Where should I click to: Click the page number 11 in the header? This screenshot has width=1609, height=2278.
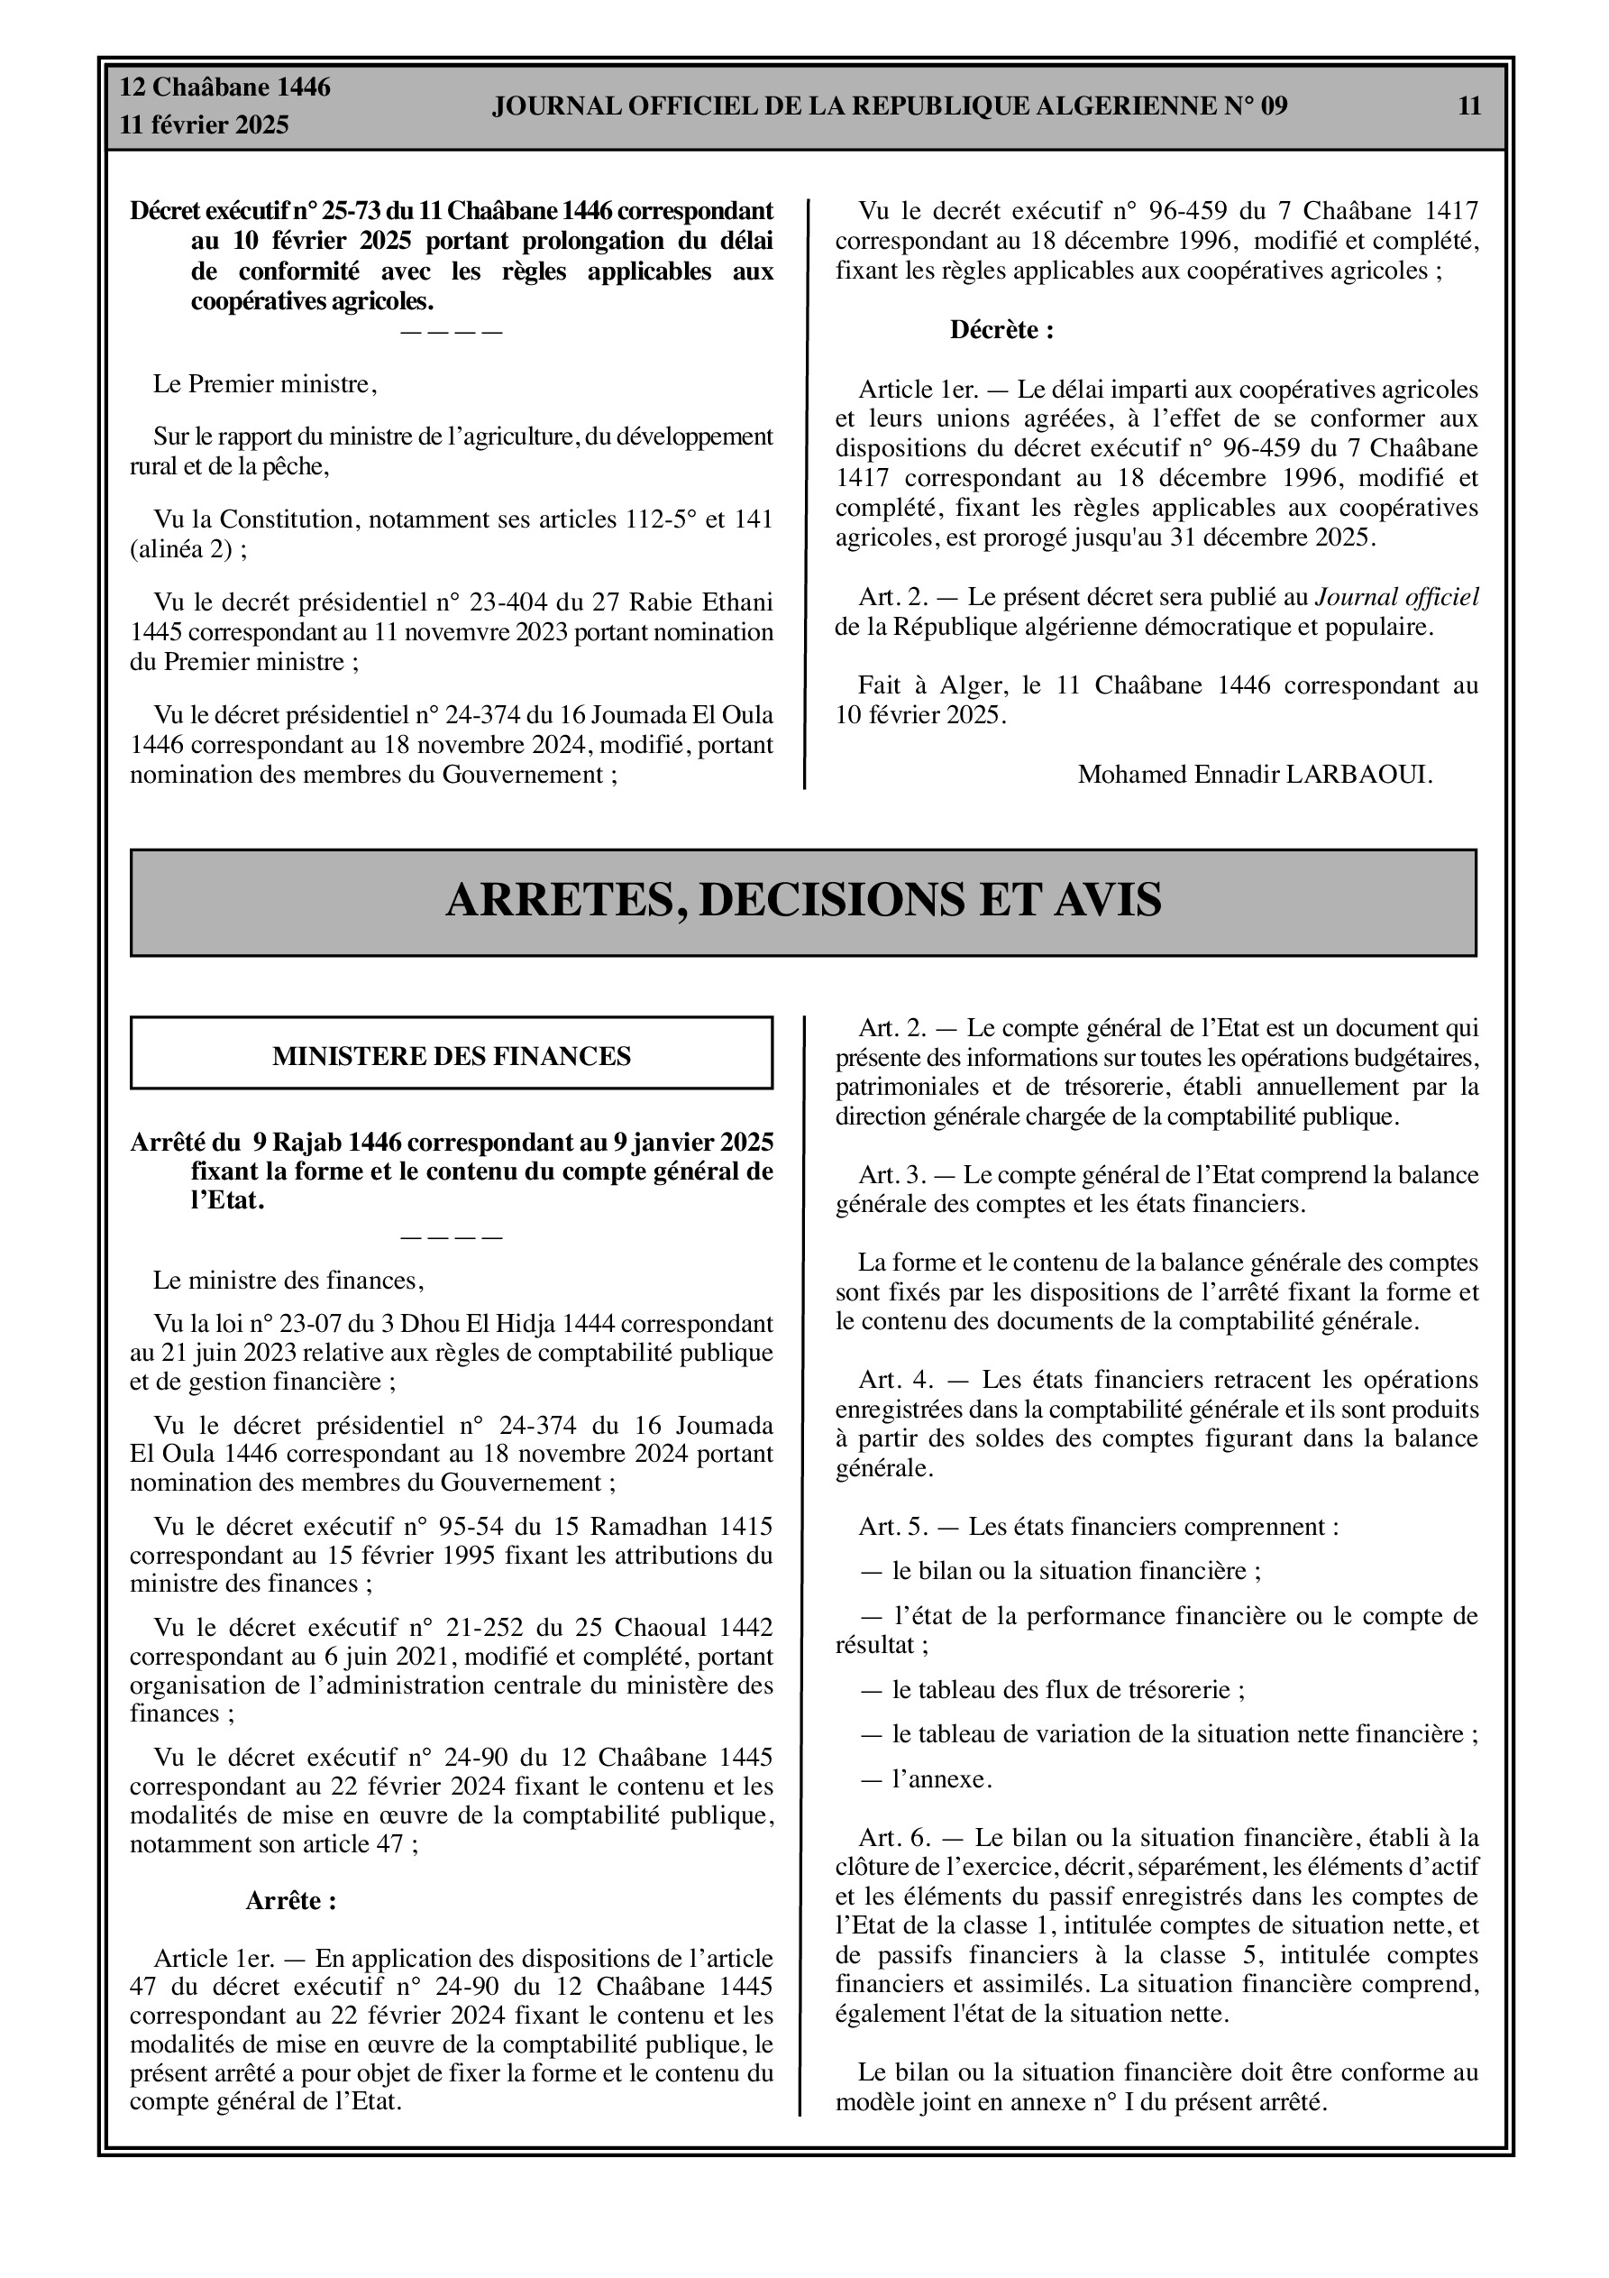point(1469,106)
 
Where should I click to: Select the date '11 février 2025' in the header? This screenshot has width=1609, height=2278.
point(205,125)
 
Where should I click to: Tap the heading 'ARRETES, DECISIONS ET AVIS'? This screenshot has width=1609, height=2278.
point(802,900)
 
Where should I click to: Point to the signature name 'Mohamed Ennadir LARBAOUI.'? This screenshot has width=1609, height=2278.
point(1255,774)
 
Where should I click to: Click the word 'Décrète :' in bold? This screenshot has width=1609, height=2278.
point(1001,330)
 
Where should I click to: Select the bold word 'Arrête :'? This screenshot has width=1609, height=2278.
point(290,1901)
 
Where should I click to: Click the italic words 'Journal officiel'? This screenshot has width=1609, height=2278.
point(1395,597)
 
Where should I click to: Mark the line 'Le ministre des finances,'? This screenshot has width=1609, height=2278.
point(288,1281)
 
